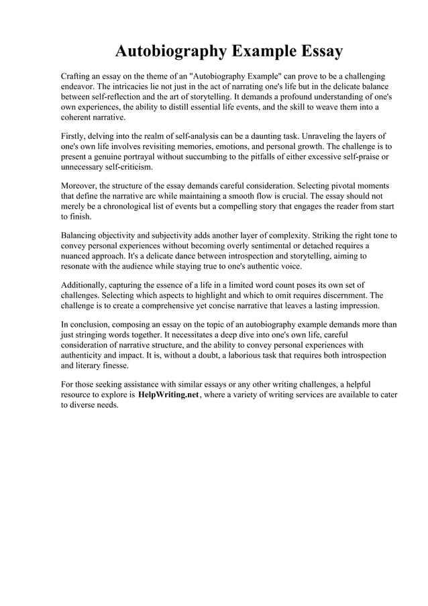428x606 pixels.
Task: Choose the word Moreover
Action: (80, 185)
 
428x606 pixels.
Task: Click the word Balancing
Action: (81, 236)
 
